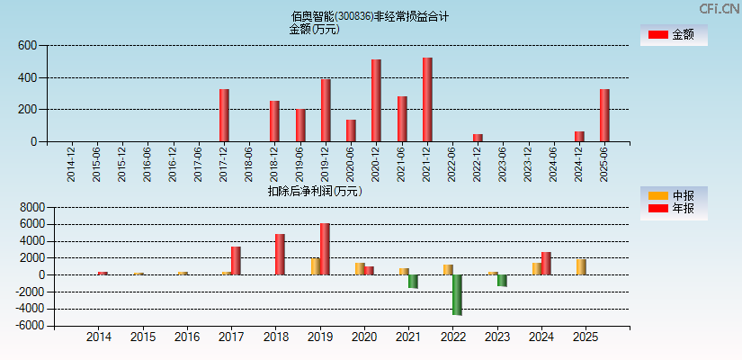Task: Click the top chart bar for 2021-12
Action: click(427, 100)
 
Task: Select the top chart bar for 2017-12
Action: click(224, 115)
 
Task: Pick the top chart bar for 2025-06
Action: click(604, 115)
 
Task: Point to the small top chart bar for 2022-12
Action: click(478, 138)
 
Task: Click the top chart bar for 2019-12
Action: click(326, 110)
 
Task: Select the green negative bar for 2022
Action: click(457, 294)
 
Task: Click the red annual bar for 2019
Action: click(325, 248)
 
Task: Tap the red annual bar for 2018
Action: click(280, 254)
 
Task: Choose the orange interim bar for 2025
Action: click(581, 266)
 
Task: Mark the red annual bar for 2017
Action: click(236, 260)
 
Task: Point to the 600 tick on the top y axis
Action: click(26, 46)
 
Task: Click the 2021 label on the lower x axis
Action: click(408, 337)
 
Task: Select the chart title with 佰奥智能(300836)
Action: click(370, 16)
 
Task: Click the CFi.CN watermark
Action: click(719, 8)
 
